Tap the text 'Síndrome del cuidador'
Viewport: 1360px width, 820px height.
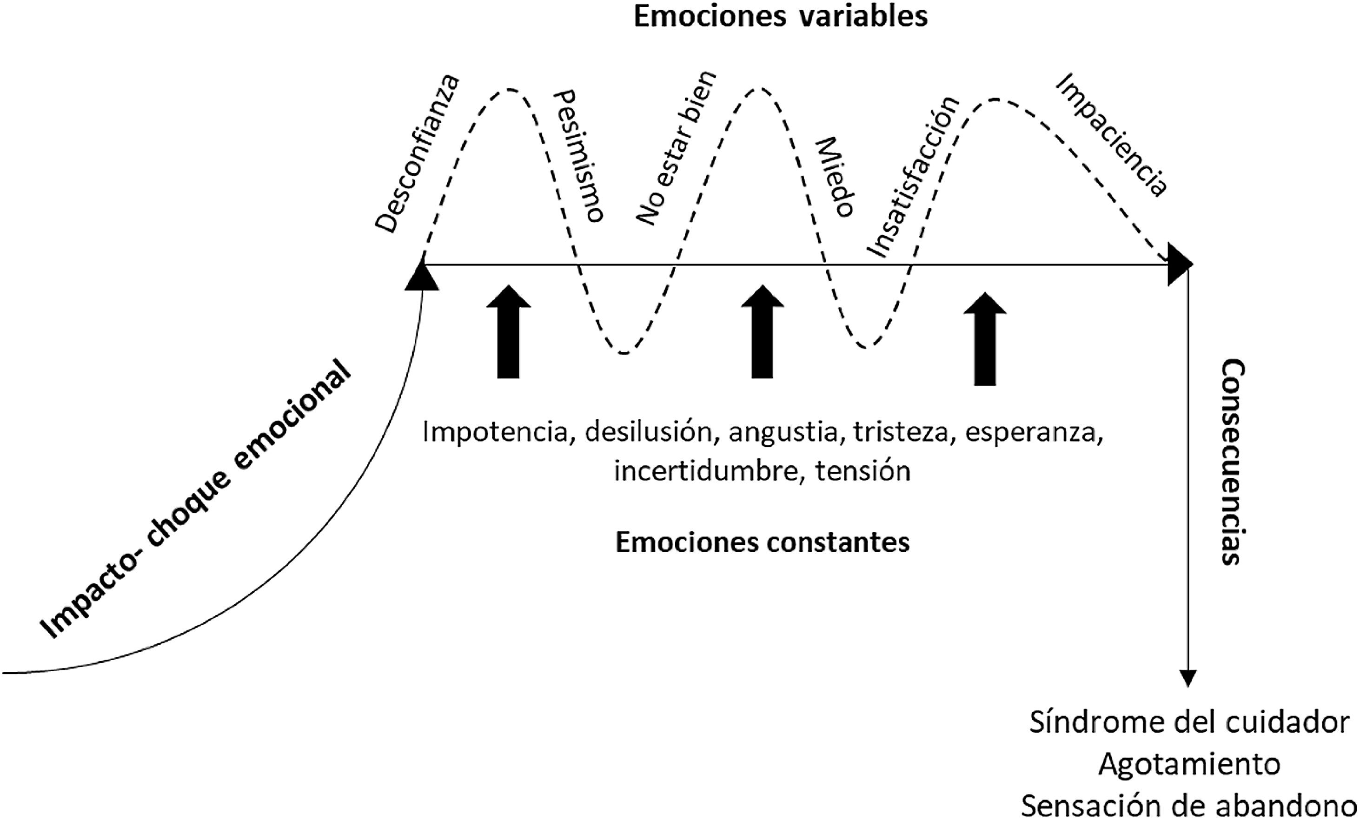(1189, 723)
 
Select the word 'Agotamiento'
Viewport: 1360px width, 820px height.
(1189, 764)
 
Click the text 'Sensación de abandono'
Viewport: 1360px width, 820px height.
(1189, 806)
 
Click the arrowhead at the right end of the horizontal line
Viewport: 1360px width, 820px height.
(1180, 265)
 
